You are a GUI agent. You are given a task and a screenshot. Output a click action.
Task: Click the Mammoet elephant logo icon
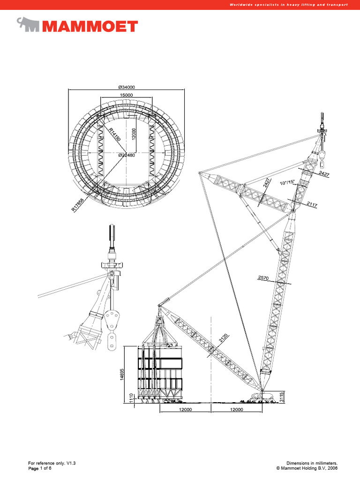click(x=28, y=24)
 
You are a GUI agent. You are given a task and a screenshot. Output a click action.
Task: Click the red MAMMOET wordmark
click(x=90, y=26)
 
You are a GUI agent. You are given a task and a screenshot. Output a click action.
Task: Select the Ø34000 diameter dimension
click(x=127, y=87)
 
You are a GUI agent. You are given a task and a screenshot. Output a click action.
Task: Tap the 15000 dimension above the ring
click(x=126, y=95)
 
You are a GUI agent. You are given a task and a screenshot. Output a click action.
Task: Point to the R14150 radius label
click(x=114, y=135)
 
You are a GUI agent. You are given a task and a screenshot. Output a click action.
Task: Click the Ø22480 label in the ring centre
click(x=127, y=155)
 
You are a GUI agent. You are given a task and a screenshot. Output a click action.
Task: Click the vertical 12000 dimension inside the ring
click(x=134, y=134)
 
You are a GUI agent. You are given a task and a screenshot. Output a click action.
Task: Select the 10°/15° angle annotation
click(x=287, y=183)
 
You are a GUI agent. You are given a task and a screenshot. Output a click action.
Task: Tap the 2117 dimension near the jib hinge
click(x=312, y=204)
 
